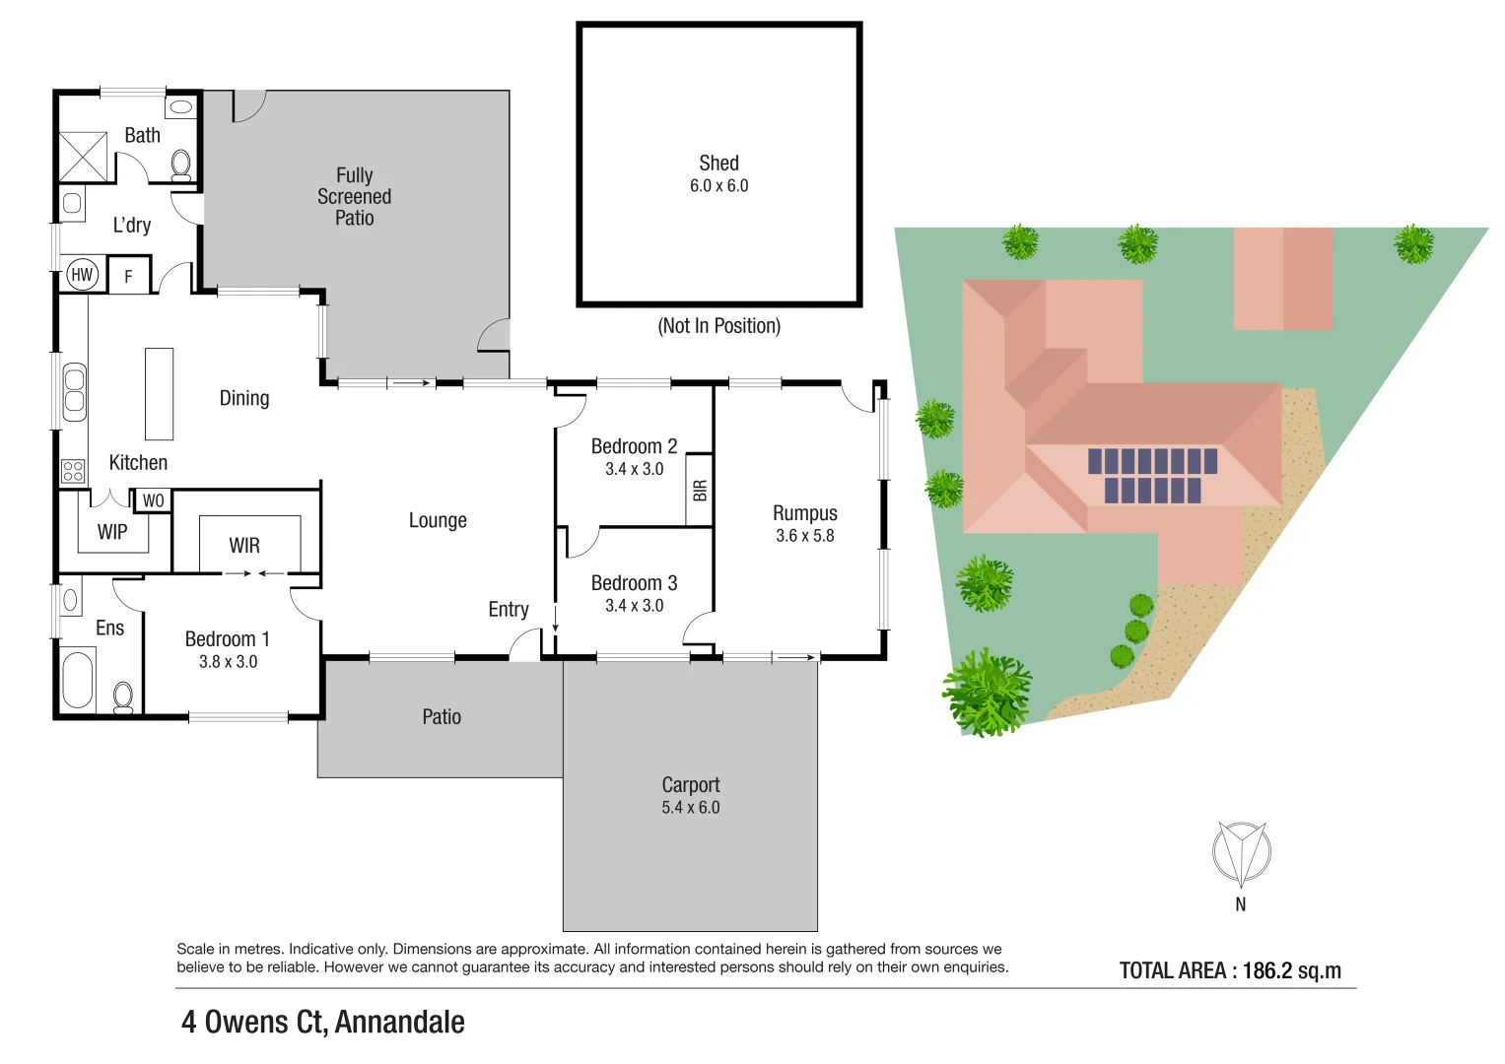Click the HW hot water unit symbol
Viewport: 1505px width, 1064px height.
(82, 275)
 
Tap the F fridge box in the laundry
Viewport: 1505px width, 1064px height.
(128, 276)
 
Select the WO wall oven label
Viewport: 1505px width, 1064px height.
(153, 500)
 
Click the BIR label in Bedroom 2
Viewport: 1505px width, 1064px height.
(699, 490)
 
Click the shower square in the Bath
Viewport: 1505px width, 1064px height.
(83, 157)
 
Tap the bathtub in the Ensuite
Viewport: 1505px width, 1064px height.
(77, 679)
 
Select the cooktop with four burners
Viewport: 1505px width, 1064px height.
(73, 471)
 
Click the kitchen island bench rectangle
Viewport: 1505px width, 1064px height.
(159, 394)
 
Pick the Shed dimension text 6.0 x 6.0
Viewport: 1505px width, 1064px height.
(718, 186)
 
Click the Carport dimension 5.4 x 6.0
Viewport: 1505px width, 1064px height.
(690, 808)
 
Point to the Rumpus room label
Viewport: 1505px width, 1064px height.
(804, 513)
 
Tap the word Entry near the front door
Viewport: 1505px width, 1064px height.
(509, 610)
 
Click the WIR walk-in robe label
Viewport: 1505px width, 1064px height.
(244, 546)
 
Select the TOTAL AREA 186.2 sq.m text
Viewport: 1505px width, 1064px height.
(1229, 970)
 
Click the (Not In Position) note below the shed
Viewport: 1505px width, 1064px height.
(718, 326)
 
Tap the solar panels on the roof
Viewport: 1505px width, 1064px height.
(1152, 475)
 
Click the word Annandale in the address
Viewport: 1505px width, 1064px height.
(399, 1023)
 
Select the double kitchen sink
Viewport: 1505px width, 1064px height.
(74, 391)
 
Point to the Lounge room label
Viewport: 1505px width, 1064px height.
(438, 520)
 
